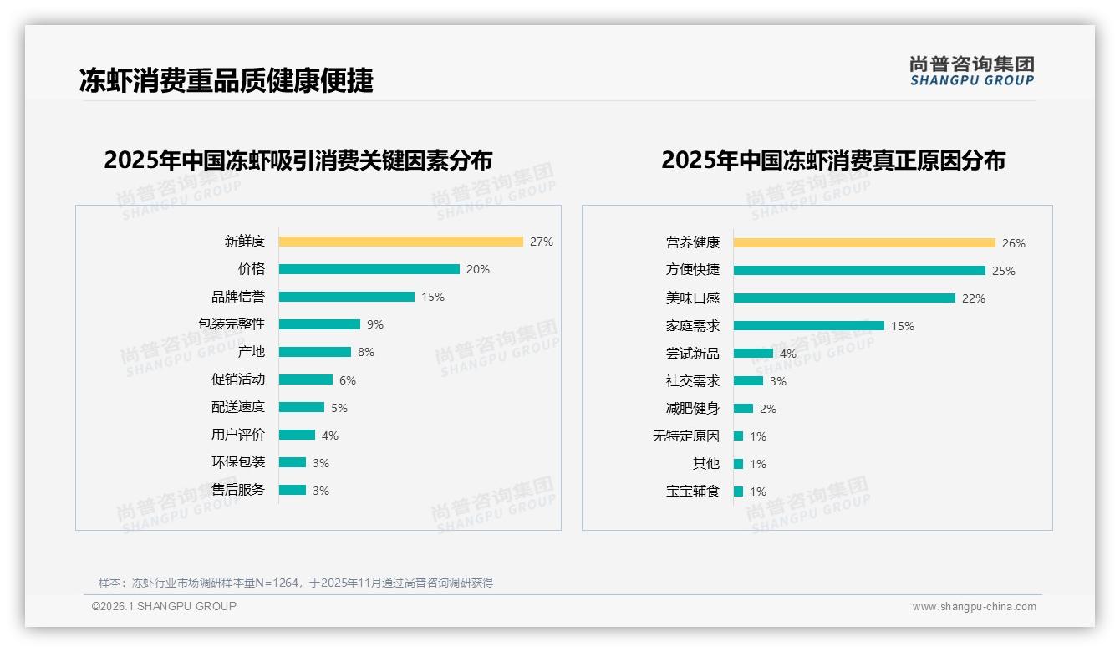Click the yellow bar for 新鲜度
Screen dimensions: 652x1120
coord(400,242)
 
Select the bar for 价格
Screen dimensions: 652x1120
coord(369,269)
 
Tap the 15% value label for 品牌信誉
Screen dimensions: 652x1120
coord(433,297)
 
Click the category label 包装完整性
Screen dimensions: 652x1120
coord(232,324)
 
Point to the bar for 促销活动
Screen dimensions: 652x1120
coord(305,379)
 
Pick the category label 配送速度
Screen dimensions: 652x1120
coord(238,407)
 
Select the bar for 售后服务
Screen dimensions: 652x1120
coord(293,490)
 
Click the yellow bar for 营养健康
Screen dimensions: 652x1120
coord(864,243)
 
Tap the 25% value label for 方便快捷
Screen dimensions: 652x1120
coord(1004,271)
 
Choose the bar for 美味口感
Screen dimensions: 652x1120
coord(844,298)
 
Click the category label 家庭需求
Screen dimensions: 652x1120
coord(693,326)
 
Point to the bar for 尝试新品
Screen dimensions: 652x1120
coord(753,354)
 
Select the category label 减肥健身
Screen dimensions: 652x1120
coord(693,409)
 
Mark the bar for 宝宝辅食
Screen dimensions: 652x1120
coord(738,492)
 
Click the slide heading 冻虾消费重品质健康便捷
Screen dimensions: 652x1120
coord(226,80)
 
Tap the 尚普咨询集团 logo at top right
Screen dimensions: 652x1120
coord(972,70)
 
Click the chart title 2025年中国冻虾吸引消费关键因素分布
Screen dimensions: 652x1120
coord(298,160)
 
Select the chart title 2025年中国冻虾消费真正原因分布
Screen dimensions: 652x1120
coord(832,160)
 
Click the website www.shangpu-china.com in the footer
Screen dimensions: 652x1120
coord(974,607)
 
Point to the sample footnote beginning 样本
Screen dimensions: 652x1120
coord(296,583)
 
